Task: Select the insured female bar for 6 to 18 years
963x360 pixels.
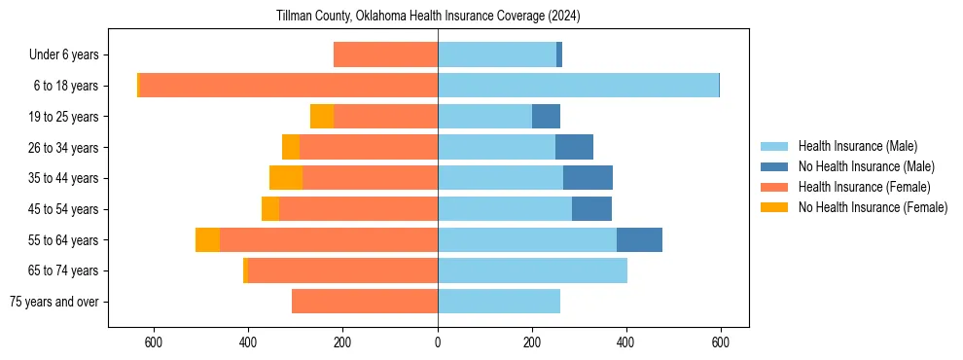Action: (289, 86)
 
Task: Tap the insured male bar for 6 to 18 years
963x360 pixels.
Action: (578, 86)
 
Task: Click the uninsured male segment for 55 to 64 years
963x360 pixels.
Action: (639, 239)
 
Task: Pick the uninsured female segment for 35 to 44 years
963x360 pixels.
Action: (286, 178)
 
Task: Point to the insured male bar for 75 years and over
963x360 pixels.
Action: (499, 302)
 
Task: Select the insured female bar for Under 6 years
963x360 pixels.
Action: (385, 54)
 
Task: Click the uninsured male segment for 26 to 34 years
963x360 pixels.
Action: (574, 147)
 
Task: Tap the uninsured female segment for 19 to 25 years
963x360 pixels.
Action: (322, 117)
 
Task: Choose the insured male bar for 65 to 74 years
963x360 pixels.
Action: (532, 270)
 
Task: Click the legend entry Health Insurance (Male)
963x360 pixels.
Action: (857, 146)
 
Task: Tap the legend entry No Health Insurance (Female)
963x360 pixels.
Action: (872, 207)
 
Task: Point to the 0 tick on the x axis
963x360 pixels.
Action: (438, 342)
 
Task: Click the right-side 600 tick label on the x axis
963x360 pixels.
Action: (721, 342)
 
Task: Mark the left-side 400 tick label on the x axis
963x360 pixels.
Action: (248, 342)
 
